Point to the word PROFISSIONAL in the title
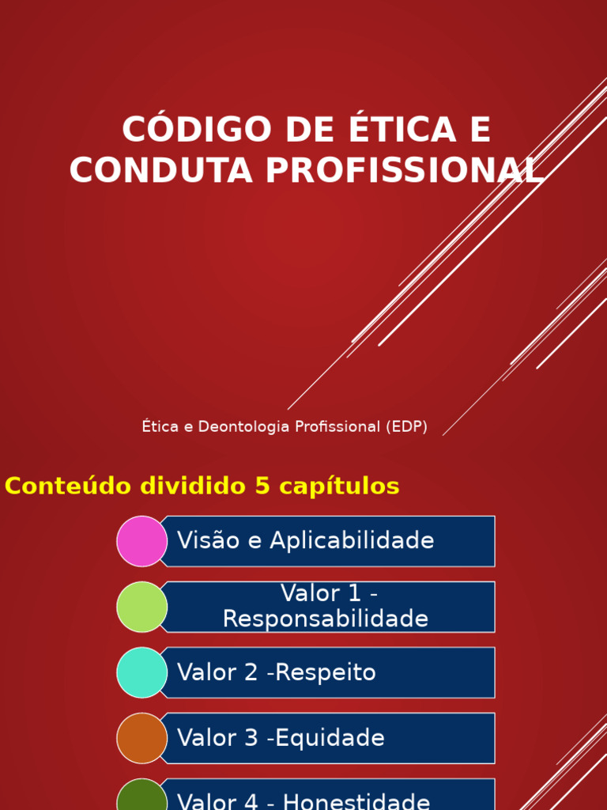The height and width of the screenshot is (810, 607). pos(405,171)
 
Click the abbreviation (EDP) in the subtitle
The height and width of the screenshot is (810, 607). pos(407,427)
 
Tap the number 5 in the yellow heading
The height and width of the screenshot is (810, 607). pos(262,486)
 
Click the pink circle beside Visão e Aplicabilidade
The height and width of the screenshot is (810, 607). pos(142,541)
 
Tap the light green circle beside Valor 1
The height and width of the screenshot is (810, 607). pos(142,607)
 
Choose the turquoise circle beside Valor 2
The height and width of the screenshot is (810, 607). pos(142,672)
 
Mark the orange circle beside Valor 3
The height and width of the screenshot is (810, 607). pos(142,738)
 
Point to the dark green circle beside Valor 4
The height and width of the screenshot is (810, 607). pos(142,799)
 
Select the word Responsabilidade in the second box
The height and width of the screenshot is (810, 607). pos(326,619)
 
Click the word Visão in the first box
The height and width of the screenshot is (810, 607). pos(202,541)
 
